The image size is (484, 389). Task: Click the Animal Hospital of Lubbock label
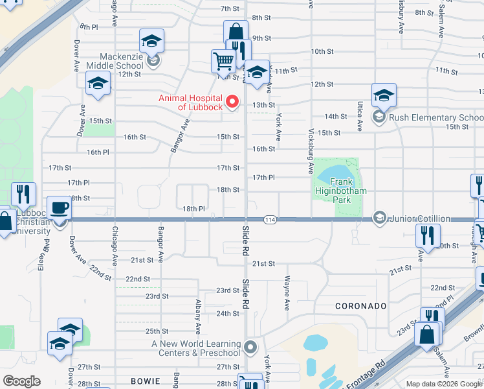[x=191, y=102]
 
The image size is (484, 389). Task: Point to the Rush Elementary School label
[x=435, y=117]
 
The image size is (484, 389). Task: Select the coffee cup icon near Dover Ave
[x=60, y=208]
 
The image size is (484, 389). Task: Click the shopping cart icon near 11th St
[x=223, y=62]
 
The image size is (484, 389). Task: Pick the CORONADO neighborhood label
[x=360, y=305]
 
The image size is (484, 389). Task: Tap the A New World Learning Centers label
[x=195, y=348]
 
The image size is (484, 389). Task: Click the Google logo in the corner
[x=21, y=381]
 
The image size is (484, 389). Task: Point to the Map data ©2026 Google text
[x=444, y=384]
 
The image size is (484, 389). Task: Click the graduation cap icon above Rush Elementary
[x=384, y=95]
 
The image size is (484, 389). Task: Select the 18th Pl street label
[x=193, y=209]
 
